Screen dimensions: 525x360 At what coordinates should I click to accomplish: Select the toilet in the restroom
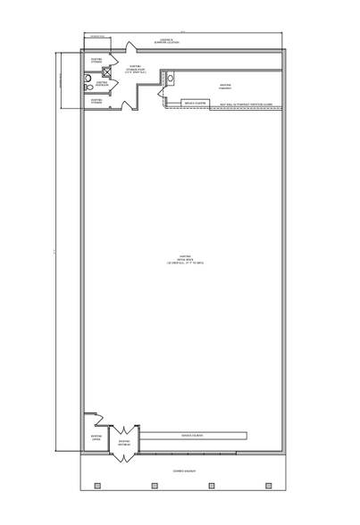click(87, 79)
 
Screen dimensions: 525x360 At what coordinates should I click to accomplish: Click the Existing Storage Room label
click(134, 69)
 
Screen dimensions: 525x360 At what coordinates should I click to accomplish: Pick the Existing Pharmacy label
click(225, 86)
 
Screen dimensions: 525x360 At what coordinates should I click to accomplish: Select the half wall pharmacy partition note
click(245, 104)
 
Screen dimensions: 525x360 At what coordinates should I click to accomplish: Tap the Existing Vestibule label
click(125, 443)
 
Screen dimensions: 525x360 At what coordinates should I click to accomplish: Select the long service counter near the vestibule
click(192, 435)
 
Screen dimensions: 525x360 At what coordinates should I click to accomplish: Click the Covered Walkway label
click(185, 469)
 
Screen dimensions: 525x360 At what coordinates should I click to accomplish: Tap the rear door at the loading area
click(130, 48)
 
